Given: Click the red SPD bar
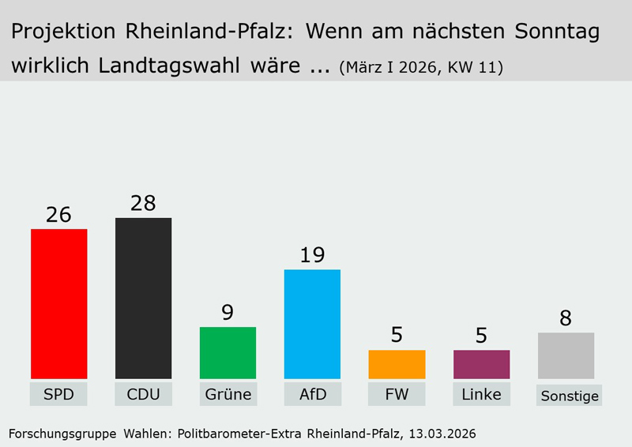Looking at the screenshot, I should coord(58,304).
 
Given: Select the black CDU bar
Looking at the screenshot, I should coord(143,299).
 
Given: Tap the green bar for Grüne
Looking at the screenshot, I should coord(228,353).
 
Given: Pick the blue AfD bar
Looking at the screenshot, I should coord(312,324).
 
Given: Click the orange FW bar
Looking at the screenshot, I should coord(397,364).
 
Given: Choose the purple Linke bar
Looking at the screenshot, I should coord(481,364).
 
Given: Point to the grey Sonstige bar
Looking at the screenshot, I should coord(566,355).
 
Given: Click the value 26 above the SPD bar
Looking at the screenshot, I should coord(58,215).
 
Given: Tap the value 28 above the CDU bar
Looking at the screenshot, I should coord(143,203).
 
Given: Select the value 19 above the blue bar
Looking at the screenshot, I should coord(312,255).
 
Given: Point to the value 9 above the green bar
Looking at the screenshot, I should coord(228,313).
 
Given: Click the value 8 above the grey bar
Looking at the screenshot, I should coord(566,318).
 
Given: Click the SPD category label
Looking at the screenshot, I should coord(58,394).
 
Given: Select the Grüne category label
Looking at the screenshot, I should coord(228,394).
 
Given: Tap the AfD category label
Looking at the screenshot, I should coord(312,394).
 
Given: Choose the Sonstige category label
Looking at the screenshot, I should coord(570,396).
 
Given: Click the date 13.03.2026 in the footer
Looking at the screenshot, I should coord(442,434).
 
